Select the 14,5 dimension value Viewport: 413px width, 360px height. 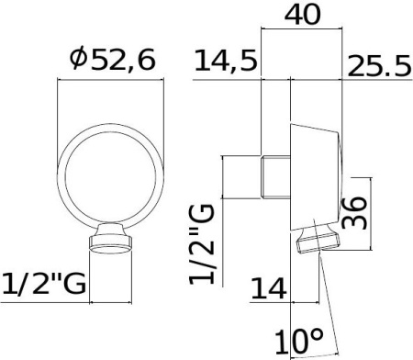click(x=226, y=63)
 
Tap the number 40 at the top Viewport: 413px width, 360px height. click(x=303, y=16)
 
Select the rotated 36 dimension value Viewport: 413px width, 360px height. click(x=353, y=214)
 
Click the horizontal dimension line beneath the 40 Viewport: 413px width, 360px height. click(x=303, y=30)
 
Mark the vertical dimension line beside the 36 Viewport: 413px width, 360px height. click(x=371, y=214)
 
